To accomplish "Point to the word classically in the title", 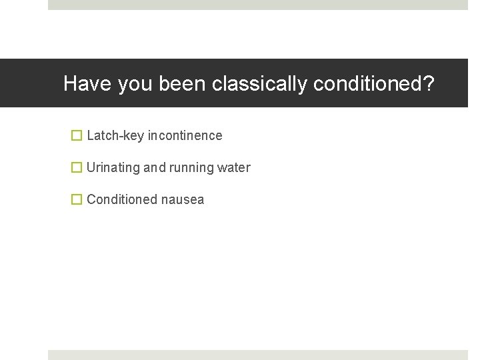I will [260, 85].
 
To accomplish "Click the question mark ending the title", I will [429, 84].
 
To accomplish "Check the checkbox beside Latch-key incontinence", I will [77, 135].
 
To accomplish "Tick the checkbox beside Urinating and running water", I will [77, 167].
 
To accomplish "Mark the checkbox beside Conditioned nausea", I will [77, 199].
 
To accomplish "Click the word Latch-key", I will [115, 136].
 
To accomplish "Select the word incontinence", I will [185, 135].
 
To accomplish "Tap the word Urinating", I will [113, 168].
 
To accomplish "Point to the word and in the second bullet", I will [154, 167].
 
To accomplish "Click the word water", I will [234, 167].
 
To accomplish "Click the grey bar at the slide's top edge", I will [258, 4].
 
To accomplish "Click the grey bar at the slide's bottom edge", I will [258, 355].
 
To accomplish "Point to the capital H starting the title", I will [70, 84].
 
